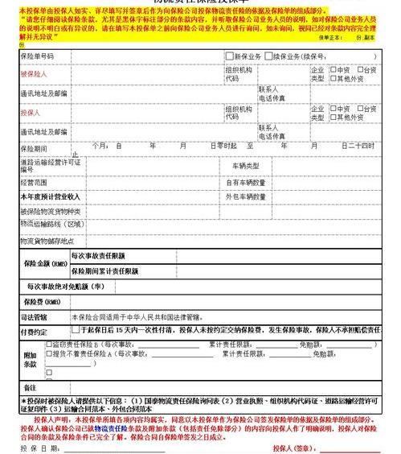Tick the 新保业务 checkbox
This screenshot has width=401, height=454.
pos(229,56)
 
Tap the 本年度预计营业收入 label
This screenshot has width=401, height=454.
pos(50,196)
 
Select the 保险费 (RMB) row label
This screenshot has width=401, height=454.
pos(42,301)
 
